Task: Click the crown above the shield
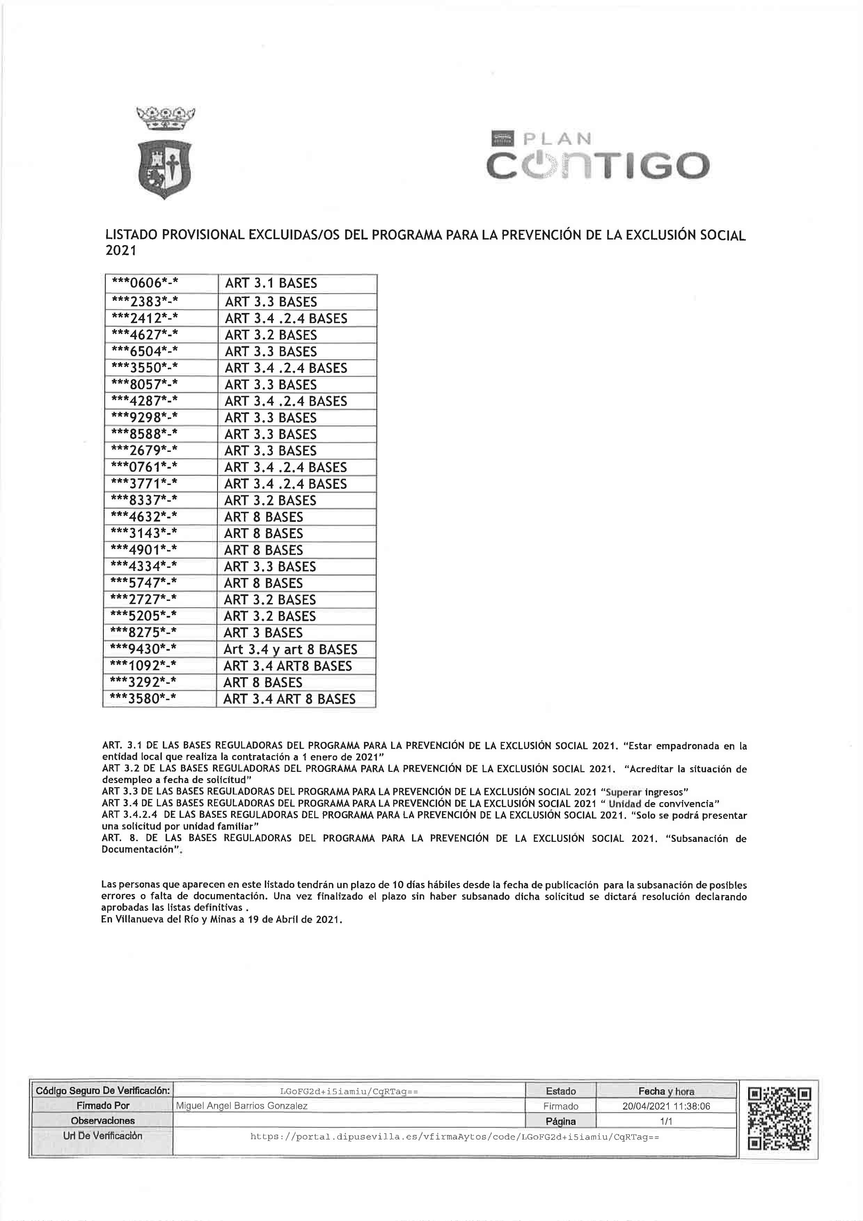tap(166, 118)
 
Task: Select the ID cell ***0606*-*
tap(144, 283)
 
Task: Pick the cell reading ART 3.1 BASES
tap(271, 283)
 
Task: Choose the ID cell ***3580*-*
tap(143, 698)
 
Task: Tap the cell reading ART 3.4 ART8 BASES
tap(287, 666)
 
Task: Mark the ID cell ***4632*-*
tap(144, 517)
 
